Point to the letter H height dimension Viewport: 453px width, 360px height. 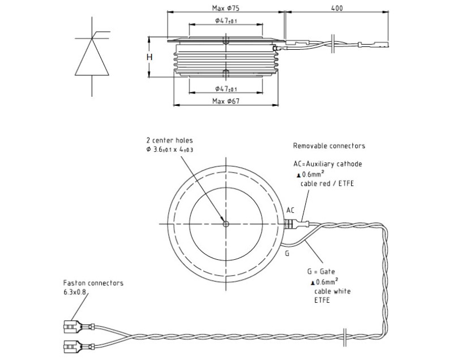149,58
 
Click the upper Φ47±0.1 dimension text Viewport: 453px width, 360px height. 226,21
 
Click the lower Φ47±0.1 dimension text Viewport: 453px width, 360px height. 226,89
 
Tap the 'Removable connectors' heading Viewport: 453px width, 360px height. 329,145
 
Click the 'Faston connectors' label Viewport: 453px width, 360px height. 93,283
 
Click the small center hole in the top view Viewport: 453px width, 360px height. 225,223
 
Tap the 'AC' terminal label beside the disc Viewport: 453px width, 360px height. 290,210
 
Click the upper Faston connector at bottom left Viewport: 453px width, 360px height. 73,327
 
